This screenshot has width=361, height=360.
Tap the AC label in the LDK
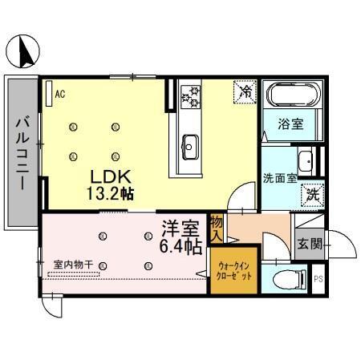click(x=59, y=94)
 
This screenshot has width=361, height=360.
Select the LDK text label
click(x=105, y=177)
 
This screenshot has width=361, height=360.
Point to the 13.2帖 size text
click(x=111, y=193)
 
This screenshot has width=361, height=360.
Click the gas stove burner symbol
click(x=191, y=98)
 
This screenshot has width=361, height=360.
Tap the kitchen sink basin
click(x=190, y=145)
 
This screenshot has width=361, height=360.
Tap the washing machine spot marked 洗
click(x=310, y=194)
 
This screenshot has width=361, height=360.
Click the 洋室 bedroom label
click(x=179, y=229)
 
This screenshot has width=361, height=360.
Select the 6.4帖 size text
click(x=181, y=247)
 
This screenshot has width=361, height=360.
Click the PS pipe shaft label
click(x=318, y=280)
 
